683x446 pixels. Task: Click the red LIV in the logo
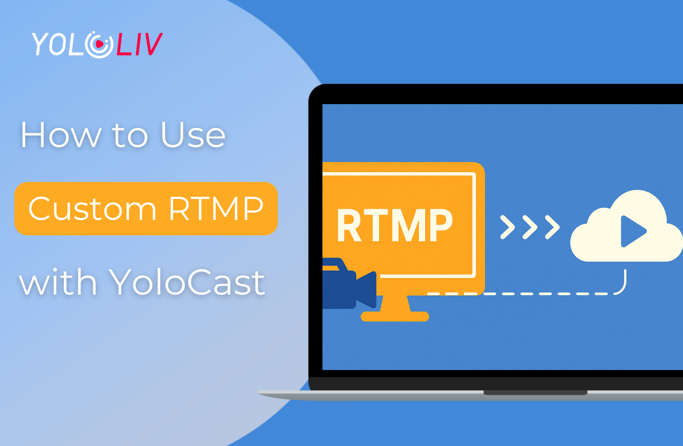coord(139,45)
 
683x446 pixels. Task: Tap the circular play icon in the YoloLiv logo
coord(99,45)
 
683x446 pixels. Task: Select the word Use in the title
coord(193,135)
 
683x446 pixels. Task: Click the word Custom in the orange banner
coord(93,209)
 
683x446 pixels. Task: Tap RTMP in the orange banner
coord(216,209)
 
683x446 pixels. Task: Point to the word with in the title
coord(58,283)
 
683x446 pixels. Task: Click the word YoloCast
coord(187,283)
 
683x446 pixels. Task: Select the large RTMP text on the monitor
coord(395,226)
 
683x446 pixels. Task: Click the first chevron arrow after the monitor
coord(508,227)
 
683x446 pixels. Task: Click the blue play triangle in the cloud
coord(632,231)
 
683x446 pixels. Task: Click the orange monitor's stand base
coord(395,316)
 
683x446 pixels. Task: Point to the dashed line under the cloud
coord(542,294)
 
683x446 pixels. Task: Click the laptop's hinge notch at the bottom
coord(535,393)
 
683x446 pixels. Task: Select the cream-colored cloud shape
coord(596,244)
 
